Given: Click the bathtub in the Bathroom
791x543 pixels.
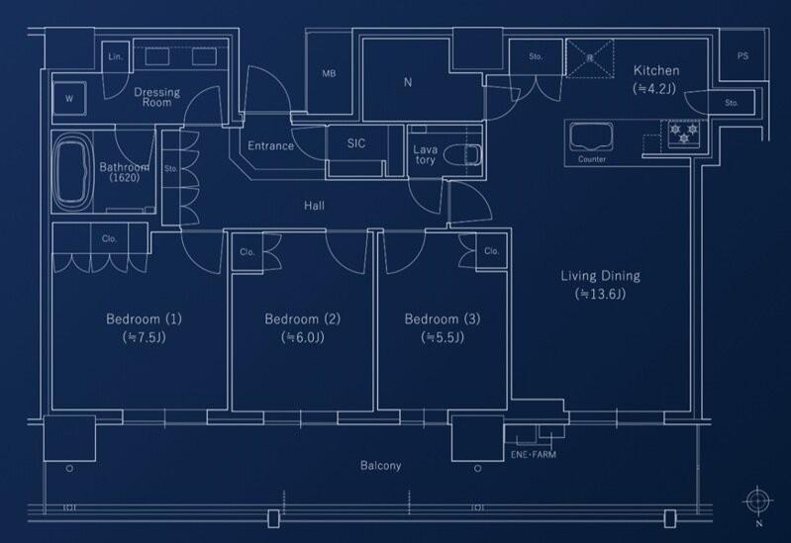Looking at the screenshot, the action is pos(73,171).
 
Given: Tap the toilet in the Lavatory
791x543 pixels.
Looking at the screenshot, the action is pos(464,155).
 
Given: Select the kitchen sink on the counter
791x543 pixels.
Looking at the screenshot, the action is pos(592,136).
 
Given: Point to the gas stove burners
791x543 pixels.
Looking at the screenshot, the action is pos(684,134).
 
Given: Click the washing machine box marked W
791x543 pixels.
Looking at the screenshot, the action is pos(69,98).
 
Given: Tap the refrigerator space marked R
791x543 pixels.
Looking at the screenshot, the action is pos(590,58).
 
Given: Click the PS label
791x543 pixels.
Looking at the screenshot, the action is pos(742,56).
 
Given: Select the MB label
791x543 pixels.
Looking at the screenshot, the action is pos(329,73).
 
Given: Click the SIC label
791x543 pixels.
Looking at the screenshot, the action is pos(356,143).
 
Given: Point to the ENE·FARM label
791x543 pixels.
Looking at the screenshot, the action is pos(534,454).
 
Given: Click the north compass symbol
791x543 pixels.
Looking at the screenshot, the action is pos(757,501).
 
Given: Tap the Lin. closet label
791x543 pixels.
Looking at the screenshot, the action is pos(116,56).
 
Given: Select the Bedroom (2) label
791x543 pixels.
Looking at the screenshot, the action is pos(303,319).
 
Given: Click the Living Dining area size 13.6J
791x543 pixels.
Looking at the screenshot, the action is pos(600,294).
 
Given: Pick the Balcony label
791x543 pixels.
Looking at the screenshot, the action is pos(381,465).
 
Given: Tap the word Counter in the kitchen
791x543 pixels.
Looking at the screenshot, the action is pos(592,159).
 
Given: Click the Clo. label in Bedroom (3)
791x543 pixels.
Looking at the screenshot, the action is pos(492,250).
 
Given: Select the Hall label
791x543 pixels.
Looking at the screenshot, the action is pos(314,205).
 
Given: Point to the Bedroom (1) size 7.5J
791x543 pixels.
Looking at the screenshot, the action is pos(145,337).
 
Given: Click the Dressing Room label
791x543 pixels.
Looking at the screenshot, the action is pos(156,97).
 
